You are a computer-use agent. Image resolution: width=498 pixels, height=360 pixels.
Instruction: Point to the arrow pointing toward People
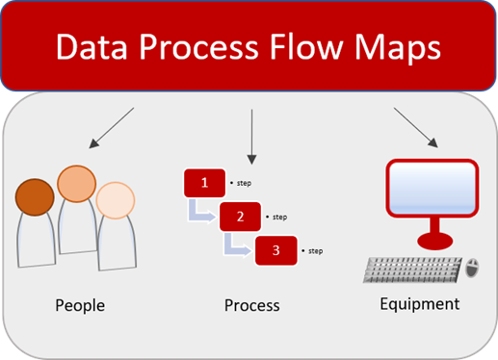coord(110,128)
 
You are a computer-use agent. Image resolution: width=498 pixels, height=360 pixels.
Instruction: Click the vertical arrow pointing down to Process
coord(250,135)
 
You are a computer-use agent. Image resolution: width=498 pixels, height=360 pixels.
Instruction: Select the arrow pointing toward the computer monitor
coord(416,128)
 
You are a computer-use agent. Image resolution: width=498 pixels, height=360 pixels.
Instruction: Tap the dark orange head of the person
coord(37,195)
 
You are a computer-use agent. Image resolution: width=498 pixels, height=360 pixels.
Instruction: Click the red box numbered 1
coord(203,182)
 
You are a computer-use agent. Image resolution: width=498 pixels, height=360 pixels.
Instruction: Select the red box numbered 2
coord(240,217)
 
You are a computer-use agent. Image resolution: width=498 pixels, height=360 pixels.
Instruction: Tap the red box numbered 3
coord(275,250)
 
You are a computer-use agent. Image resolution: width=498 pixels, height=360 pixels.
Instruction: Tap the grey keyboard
coord(411,270)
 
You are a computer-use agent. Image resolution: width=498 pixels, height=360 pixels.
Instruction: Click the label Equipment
coord(419,304)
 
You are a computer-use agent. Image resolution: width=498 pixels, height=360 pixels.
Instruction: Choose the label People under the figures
coord(80,306)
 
